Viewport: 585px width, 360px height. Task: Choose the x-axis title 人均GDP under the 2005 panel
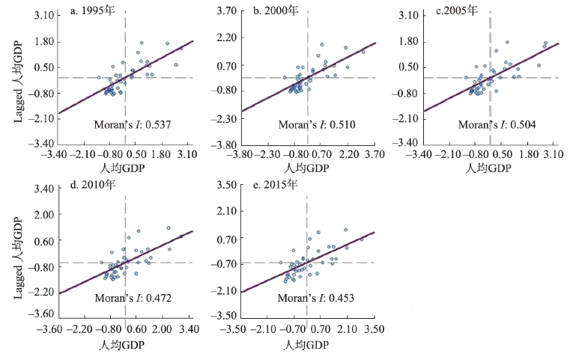pos(490,168)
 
